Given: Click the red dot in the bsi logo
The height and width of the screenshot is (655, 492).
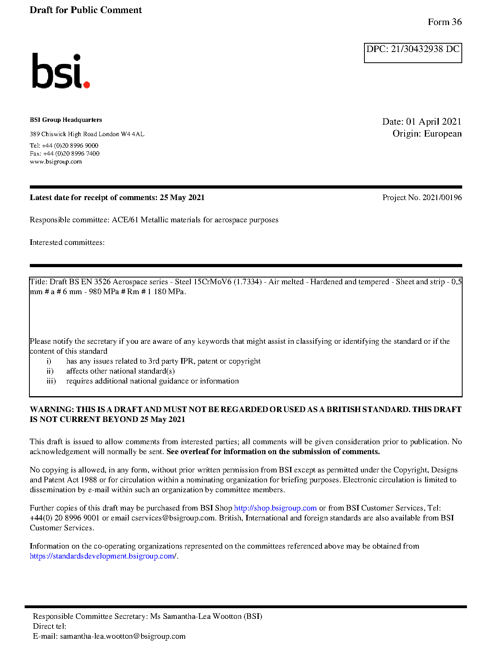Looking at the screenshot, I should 86,84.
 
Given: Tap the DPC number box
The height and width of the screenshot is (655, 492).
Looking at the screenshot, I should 413,52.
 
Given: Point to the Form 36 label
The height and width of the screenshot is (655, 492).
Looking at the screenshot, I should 444,22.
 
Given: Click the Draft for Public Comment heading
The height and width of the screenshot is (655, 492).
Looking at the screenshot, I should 85,10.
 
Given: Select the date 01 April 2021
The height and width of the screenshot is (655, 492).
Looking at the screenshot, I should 433,121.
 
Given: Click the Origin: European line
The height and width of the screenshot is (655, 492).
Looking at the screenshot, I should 427,134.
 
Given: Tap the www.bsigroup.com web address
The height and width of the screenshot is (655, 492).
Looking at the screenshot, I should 56,162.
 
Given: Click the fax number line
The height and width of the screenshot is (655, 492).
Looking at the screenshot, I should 64,154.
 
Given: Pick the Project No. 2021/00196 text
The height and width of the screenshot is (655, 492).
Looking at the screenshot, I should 422,198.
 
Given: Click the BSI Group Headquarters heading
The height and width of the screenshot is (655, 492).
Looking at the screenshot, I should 66,120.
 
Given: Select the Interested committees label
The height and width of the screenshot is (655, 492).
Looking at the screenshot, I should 67,243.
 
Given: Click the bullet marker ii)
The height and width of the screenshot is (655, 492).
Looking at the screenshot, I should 50,371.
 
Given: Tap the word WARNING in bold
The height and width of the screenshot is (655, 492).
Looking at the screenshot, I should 51,410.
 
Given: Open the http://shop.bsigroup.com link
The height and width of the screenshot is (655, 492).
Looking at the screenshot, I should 275,508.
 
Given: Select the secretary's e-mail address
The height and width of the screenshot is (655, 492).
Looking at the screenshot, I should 122,636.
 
